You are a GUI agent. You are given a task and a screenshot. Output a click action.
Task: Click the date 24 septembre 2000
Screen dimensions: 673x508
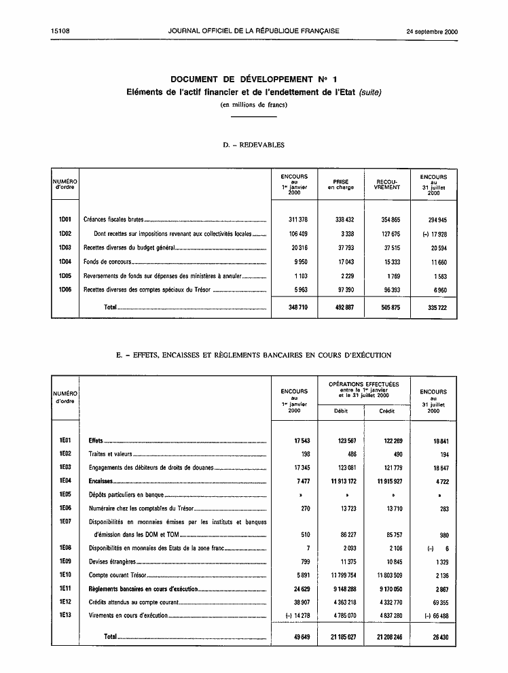(432, 31)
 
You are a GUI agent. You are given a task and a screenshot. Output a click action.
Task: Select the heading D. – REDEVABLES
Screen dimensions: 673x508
(253, 145)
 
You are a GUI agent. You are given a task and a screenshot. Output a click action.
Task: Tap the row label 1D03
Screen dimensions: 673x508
(65, 247)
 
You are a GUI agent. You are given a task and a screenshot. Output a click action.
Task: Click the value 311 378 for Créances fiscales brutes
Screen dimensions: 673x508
(294, 220)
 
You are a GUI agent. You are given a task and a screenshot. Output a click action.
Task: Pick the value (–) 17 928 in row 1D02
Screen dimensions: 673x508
(433, 233)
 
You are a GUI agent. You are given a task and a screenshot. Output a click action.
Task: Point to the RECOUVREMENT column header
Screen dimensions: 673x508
(387, 185)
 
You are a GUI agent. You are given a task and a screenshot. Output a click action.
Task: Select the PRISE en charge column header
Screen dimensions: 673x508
(341, 185)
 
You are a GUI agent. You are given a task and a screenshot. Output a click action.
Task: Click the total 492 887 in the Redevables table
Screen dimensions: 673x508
(341, 307)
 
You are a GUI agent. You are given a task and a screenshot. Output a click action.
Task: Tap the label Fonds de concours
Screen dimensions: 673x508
(107, 262)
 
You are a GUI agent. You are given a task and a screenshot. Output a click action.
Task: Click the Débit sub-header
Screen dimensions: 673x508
(340, 411)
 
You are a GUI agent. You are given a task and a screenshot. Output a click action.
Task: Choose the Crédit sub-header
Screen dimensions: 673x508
(386, 411)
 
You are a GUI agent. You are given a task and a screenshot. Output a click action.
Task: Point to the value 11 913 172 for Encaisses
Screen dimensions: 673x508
(341, 481)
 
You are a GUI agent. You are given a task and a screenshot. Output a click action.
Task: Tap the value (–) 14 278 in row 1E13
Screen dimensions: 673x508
(293, 616)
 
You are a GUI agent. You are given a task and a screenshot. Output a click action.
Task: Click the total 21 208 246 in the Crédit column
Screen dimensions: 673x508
(386, 637)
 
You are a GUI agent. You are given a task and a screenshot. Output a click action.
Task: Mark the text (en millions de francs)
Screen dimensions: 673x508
(253, 104)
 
